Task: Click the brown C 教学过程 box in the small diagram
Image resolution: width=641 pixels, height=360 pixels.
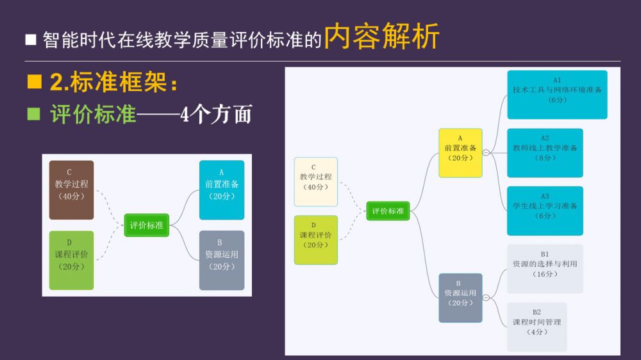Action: pos(71,190)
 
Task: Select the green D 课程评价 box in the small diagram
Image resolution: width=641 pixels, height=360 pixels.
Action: pos(71,260)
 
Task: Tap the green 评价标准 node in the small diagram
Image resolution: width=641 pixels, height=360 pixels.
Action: pos(147,225)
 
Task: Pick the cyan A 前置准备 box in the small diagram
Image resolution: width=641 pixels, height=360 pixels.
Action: pos(222,190)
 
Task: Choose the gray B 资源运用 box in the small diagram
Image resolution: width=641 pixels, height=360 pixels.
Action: pos(222,260)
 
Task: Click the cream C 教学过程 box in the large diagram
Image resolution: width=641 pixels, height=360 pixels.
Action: pos(316,182)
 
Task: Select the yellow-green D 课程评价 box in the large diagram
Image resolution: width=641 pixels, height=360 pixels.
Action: pos(316,240)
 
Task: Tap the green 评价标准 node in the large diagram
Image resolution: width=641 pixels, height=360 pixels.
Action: pos(388,211)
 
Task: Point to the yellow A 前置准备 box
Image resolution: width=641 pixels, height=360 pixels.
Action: pos(460,152)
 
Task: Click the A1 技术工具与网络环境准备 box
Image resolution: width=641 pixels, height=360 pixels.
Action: pos(557,95)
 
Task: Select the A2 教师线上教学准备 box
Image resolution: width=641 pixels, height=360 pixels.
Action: pos(545,152)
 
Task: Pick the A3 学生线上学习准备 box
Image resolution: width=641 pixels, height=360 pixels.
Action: pos(545,211)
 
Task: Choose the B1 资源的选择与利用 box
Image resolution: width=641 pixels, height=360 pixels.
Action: pos(545,268)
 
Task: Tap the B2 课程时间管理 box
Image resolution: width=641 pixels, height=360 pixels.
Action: pos(537,327)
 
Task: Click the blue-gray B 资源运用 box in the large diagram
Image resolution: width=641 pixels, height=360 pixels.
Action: pos(460,298)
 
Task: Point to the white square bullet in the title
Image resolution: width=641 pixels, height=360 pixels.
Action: pos(31,40)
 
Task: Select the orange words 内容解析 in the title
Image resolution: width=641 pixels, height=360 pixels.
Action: pos(382,37)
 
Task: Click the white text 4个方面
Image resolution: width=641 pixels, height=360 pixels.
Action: pos(216,115)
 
